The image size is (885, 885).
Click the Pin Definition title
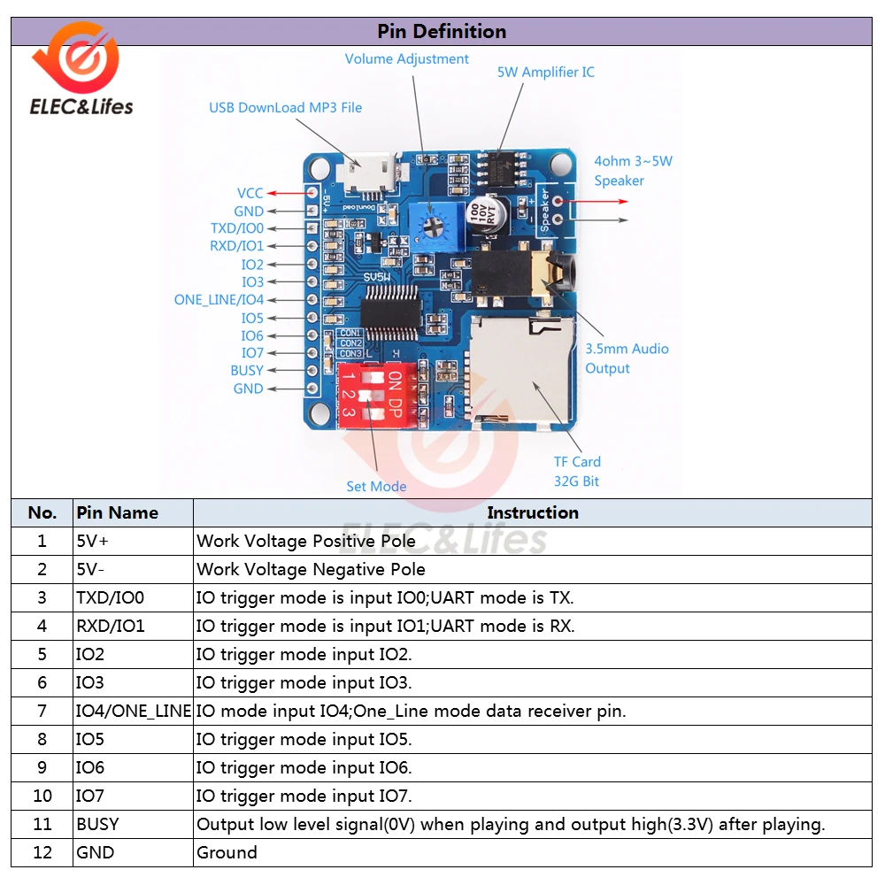442,32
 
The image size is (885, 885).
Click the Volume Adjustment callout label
406,59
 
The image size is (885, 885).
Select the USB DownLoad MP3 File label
285,108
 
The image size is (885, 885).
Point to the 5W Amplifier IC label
545,72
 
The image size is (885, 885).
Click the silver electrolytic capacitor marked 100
488,217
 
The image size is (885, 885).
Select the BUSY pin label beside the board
247,371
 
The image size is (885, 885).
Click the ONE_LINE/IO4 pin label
219,300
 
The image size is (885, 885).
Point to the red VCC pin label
250,193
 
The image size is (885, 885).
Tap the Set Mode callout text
376,486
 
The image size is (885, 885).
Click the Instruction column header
532,512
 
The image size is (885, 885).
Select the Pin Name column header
118,512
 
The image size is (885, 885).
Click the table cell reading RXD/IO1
111,626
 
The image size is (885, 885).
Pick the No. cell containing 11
42,824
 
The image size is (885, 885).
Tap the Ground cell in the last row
227,852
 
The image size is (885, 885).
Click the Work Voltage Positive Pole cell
306,541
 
